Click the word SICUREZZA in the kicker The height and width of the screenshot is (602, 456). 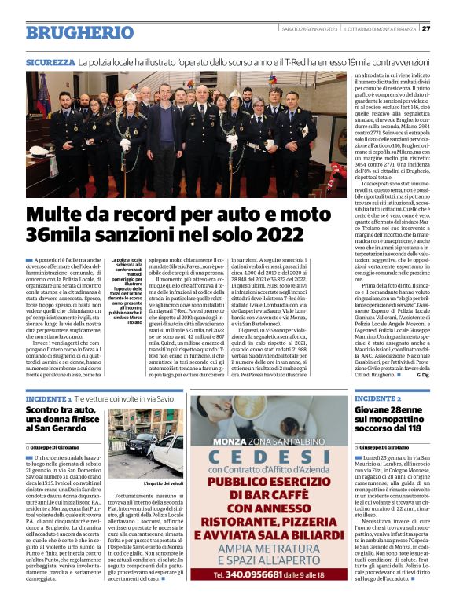50,61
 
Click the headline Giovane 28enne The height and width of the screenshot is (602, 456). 388,412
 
